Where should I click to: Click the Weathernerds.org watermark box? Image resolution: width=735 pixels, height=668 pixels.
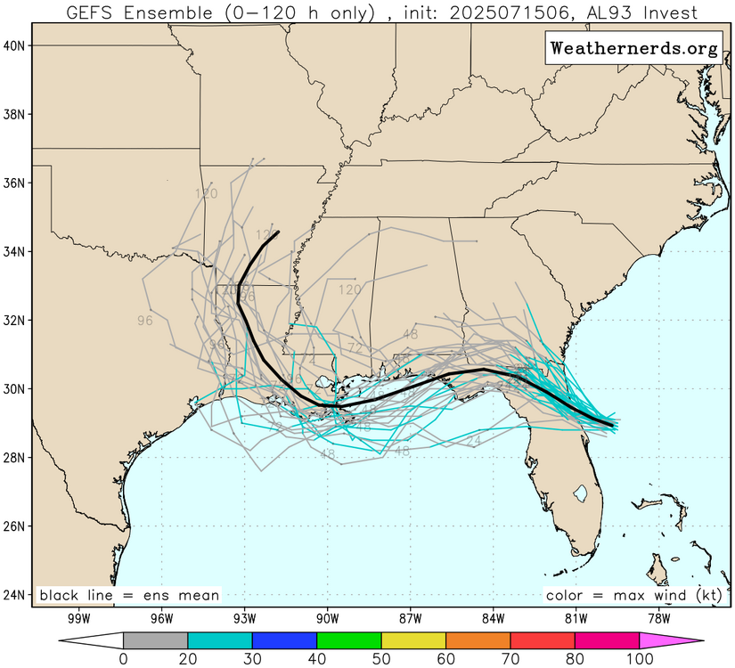[x=633, y=49]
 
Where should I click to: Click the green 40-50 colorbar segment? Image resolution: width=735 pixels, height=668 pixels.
[x=348, y=639]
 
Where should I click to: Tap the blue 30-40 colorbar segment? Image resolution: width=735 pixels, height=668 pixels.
[x=284, y=639]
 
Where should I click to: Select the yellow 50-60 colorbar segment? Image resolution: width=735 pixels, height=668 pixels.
[x=413, y=639]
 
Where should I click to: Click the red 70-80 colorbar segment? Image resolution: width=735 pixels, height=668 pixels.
[x=542, y=639]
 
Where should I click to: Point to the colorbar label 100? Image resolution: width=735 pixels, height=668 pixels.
[x=639, y=658]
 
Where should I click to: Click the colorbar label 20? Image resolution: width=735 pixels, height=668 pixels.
[x=188, y=658]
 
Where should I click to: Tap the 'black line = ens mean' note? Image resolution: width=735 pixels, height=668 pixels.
[x=128, y=595]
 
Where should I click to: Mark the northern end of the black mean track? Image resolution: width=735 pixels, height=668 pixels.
[x=278, y=232]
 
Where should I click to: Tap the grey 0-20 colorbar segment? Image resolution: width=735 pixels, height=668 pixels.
[x=155, y=639]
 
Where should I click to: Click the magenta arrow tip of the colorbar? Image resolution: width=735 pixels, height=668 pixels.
[x=691, y=639]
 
